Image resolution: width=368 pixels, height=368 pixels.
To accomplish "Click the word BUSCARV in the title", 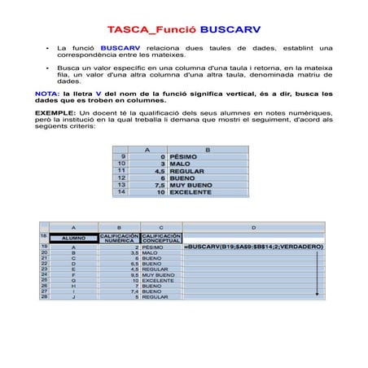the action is pos(230,29).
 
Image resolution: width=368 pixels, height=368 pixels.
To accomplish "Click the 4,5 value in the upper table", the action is pos(159,171).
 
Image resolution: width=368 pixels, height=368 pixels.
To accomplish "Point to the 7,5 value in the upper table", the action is pos(159,185).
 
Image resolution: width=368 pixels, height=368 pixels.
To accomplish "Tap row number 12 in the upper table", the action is pos(122,177).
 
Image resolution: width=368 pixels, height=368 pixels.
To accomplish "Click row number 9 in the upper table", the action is pos(123,156).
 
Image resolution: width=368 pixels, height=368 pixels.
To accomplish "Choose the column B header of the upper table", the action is pos(207,149).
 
